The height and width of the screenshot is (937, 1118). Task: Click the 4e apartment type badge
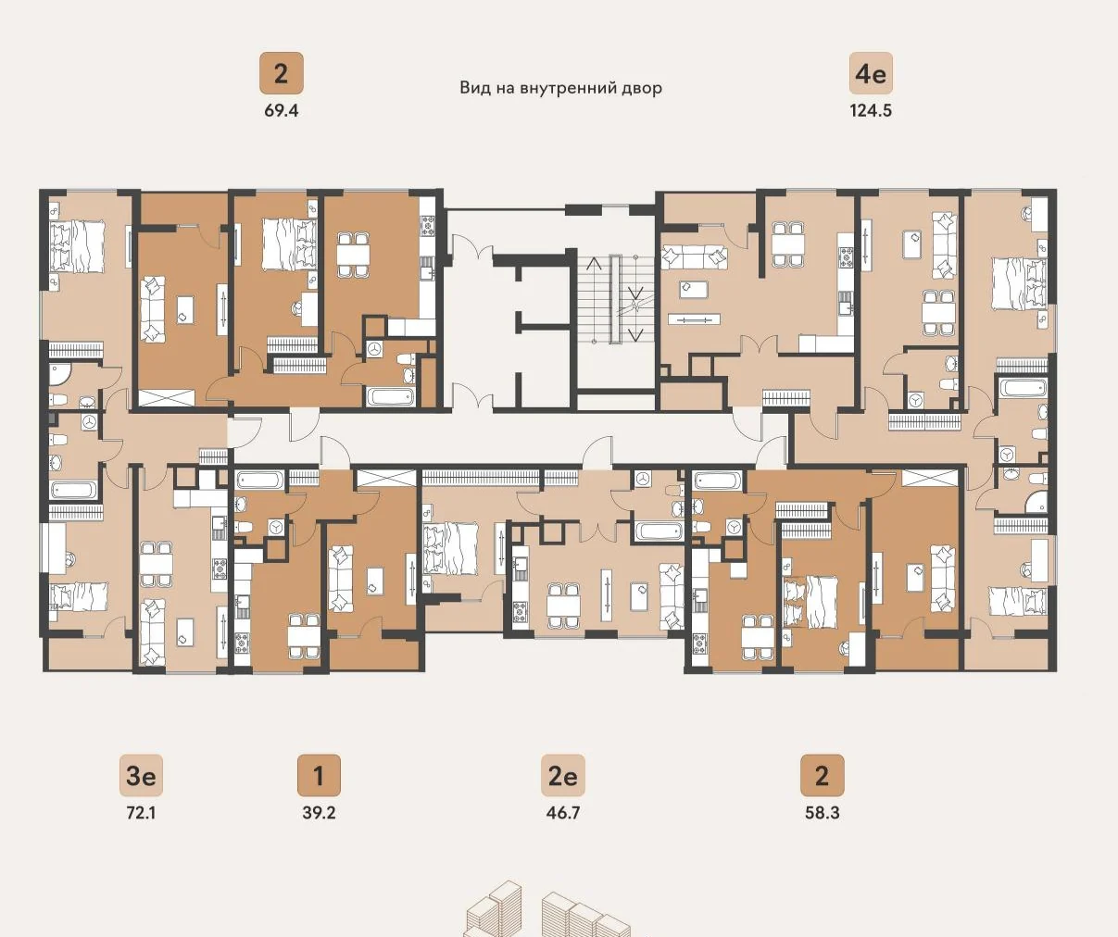[871, 73]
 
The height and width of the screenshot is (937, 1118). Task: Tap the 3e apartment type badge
[141, 775]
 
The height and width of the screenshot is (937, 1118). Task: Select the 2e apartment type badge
[563, 775]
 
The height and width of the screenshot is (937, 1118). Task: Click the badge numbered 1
[319, 775]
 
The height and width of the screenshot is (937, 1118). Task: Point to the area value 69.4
[281, 111]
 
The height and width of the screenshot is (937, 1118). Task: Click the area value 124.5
[871, 111]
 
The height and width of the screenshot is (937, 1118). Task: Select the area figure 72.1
[141, 813]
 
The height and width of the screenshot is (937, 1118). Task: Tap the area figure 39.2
[319, 813]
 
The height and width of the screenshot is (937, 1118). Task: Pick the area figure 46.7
[563, 813]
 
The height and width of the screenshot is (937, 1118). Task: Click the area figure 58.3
[822, 813]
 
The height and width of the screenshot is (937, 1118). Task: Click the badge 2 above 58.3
[822, 775]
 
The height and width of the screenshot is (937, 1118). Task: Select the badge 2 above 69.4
[281, 73]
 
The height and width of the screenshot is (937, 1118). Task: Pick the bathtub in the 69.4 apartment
[390, 397]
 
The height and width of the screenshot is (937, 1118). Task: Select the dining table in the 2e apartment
[563, 606]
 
